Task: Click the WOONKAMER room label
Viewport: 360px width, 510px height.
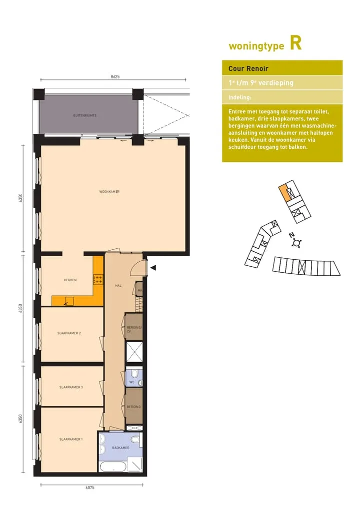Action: click(109, 192)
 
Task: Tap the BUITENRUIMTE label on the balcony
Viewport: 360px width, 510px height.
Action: click(84, 115)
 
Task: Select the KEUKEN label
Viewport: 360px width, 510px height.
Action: click(70, 280)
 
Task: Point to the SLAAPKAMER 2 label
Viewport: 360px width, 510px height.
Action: click(69, 333)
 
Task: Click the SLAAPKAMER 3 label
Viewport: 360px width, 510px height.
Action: click(71, 387)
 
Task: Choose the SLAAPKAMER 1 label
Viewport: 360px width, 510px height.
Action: click(71, 439)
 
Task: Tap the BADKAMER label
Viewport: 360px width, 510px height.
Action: click(121, 448)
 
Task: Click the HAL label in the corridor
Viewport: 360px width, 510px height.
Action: click(118, 286)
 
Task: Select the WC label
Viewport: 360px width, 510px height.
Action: click(132, 382)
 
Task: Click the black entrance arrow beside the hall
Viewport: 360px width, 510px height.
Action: click(153, 268)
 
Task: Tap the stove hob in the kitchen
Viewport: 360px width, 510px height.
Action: click(98, 279)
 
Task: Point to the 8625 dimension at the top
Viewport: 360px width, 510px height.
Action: click(115, 77)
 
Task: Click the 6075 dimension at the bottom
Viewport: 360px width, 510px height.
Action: click(90, 487)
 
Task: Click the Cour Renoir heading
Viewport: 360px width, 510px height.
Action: click(248, 68)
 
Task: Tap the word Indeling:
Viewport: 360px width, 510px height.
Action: click(240, 97)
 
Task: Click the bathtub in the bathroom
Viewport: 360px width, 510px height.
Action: click(112, 467)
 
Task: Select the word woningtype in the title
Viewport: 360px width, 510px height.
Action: click(256, 46)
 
